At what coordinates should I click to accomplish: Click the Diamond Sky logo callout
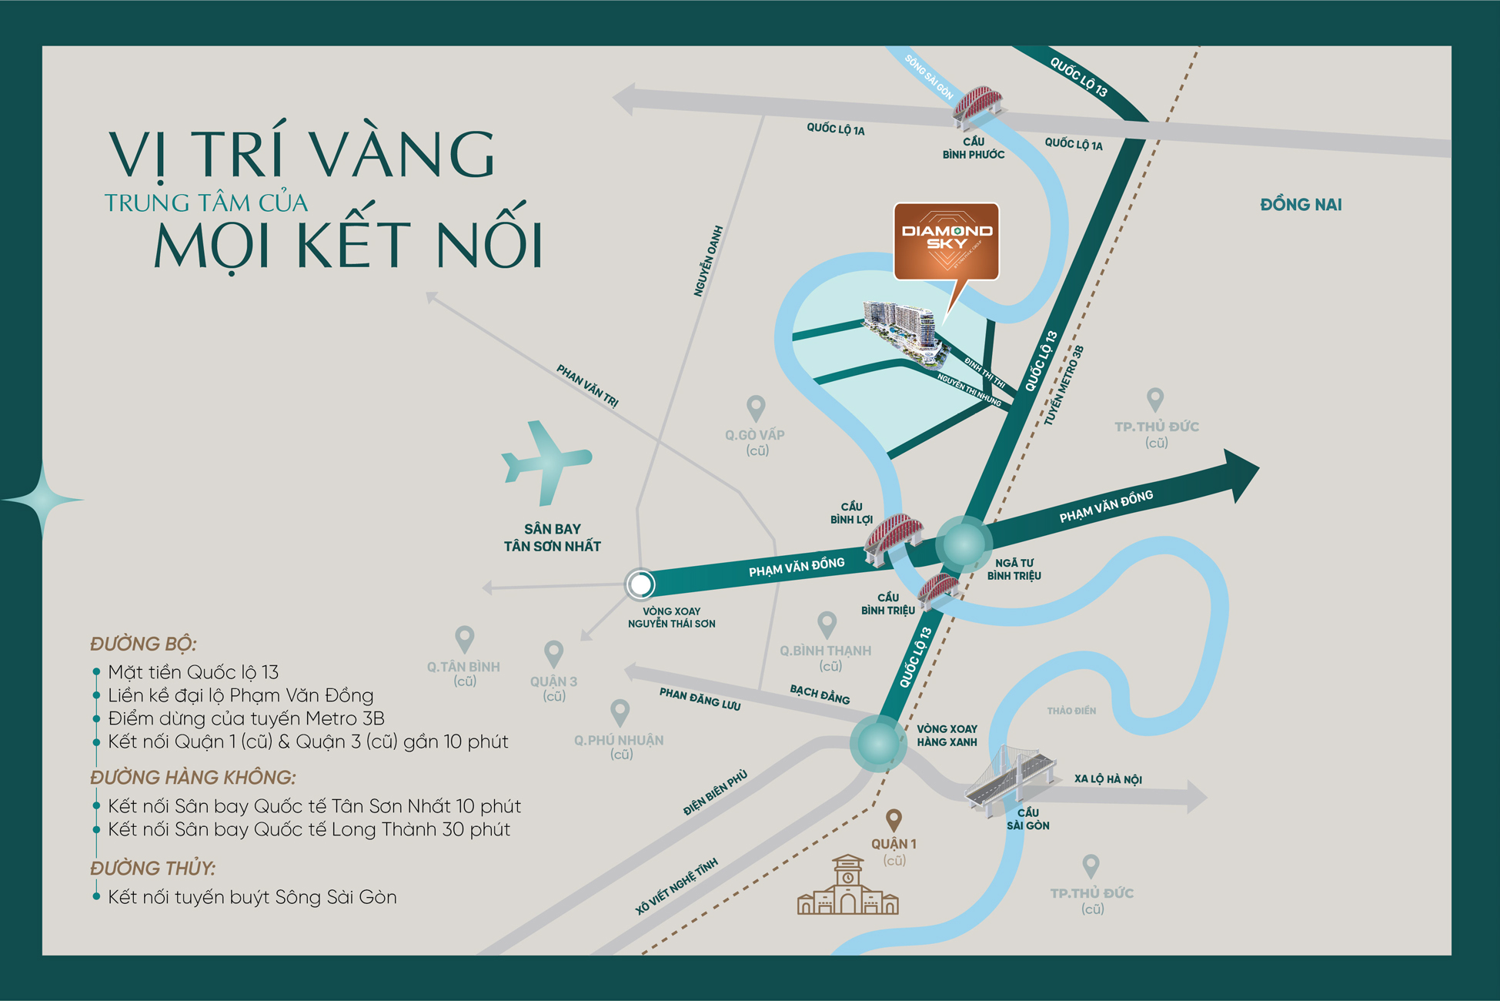click(x=946, y=240)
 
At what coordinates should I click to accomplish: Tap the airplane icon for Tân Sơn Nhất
click(x=546, y=462)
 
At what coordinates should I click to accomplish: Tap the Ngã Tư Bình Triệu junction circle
click(x=963, y=544)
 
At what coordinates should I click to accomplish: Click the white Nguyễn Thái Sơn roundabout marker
click(x=640, y=584)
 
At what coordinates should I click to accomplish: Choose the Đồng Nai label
click(x=1301, y=205)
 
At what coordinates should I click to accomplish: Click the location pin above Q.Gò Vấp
click(x=756, y=407)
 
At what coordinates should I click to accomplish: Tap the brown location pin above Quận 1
click(x=894, y=820)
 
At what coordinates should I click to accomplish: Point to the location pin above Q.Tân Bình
click(x=464, y=638)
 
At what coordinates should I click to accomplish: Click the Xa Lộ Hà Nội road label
click(x=1107, y=779)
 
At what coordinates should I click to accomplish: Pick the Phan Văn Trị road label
click(x=588, y=386)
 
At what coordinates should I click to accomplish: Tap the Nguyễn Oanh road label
click(x=708, y=261)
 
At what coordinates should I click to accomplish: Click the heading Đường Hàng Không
click(x=192, y=778)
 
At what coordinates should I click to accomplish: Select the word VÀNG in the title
click(x=404, y=154)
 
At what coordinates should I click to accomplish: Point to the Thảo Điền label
click(x=1071, y=711)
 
